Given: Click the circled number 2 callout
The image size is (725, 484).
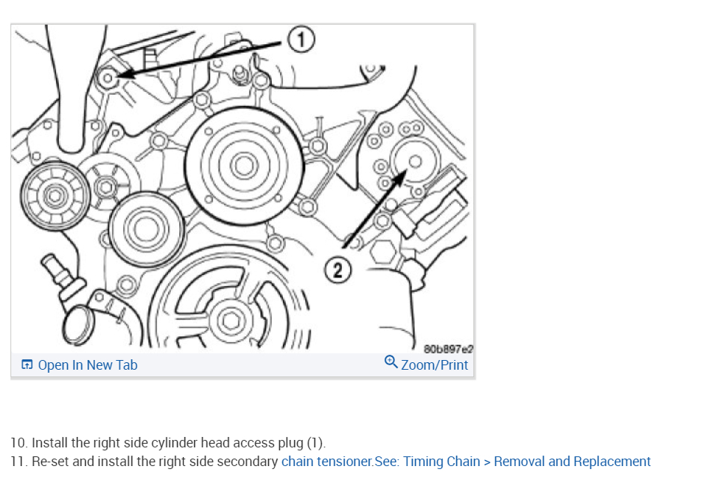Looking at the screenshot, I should [338, 271].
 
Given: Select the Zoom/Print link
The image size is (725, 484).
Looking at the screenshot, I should [434, 365].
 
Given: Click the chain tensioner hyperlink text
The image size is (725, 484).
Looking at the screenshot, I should [326, 462].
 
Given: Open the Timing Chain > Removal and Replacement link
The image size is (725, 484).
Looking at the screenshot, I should [526, 462].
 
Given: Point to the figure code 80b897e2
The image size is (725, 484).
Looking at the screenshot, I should [448, 349].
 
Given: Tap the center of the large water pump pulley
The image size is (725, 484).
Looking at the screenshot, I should [243, 165].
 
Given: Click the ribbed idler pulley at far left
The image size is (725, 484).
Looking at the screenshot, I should [55, 196].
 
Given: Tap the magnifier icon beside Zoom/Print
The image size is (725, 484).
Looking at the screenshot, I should [390, 363].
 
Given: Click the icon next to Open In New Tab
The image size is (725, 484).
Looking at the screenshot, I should [28, 365].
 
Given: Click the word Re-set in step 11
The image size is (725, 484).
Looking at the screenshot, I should [50, 462].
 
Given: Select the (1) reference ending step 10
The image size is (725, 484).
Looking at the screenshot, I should [317, 443].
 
